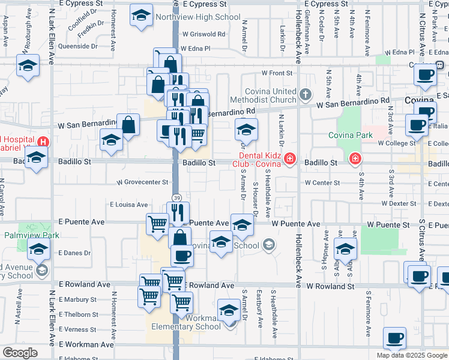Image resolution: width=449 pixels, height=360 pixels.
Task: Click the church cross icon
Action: [x=306, y=94]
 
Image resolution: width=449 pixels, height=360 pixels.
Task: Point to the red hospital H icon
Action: [x=43, y=142]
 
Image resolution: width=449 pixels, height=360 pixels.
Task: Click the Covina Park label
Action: [x=351, y=135]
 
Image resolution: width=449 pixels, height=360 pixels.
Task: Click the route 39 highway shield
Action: [x=177, y=197]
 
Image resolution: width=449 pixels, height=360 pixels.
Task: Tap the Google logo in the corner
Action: [x=20, y=353]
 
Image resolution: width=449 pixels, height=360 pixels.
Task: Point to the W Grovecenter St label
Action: [x=142, y=182]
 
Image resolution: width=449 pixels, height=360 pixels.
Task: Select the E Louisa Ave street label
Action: [x=128, y=205]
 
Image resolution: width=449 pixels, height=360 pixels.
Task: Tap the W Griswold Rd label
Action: [x=204, y=34]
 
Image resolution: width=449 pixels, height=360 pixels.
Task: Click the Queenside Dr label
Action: [x=77, y=46]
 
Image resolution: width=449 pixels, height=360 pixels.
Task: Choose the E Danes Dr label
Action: [x=74, y=253]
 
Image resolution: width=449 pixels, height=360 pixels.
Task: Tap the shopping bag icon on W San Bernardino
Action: [x=128, y=125]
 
